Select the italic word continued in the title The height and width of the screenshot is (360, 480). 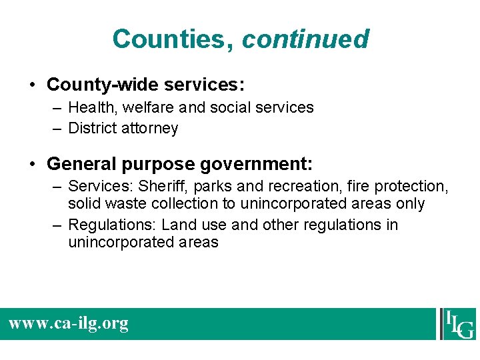[305, 39]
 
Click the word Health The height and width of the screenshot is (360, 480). [91, 107]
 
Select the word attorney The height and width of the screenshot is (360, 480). [150, 128]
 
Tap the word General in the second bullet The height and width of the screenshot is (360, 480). [80, 163]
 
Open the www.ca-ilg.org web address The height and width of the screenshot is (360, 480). [68, 324]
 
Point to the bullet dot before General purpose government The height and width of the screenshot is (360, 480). [33, 164]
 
